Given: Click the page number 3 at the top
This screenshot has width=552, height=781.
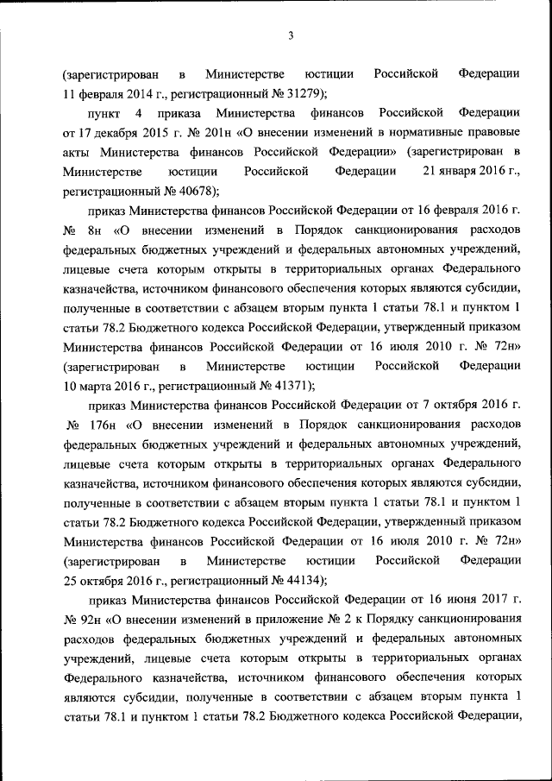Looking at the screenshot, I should pyautogui.click(x=291, y=35).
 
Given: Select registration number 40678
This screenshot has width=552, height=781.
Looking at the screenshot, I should pyautogui.click(x=194, y=190).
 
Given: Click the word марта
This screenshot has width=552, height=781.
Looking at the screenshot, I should pyautogui.click(x=96, y=386).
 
